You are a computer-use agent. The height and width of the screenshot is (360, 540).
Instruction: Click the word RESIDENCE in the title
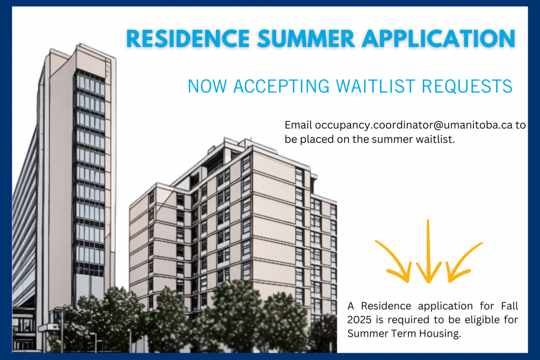188,38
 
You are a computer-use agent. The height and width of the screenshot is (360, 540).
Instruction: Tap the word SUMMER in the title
306,38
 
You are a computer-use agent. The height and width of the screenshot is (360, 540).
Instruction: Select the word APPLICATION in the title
439,38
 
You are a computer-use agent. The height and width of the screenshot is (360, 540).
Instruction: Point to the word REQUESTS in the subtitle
467,86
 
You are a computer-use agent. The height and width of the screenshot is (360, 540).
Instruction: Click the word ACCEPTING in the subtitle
281,86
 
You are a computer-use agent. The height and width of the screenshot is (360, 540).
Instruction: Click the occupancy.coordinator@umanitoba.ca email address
413,125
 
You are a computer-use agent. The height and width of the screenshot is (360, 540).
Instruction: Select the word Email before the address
298,125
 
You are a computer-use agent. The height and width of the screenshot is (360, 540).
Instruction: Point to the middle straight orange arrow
428,251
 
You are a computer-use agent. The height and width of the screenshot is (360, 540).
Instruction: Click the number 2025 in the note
359,320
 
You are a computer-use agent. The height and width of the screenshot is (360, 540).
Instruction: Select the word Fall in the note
509,306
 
